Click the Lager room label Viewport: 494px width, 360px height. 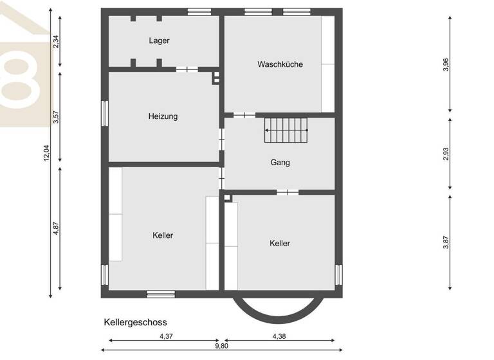(159, 40)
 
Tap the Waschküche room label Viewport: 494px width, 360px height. (280, 64)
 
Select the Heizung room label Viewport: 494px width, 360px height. (163, 116)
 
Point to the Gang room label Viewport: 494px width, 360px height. (280, 163)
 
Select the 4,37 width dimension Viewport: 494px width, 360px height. (166, 336)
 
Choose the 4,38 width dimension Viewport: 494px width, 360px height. (279, 336)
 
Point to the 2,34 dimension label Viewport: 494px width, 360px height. (56, 41)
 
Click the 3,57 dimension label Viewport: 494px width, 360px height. (56, 117)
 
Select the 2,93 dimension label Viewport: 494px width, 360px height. (446, 154)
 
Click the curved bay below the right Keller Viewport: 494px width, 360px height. (279, 309)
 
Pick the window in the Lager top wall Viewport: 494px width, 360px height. (199, 10)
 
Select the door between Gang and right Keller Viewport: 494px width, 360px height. (287, 192)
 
